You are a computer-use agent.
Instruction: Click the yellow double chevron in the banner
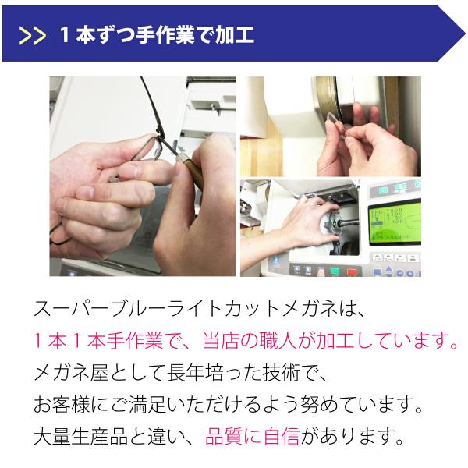click(x=33, y=36)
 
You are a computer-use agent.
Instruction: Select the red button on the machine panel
click(x=353, y=272)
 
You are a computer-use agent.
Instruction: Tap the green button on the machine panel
click(x=335, y=271)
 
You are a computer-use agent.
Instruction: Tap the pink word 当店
click(x=221, y=340)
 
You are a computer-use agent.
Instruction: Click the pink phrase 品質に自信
click(x=252, y=436)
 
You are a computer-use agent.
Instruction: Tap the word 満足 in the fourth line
click(x=147, y=404)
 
